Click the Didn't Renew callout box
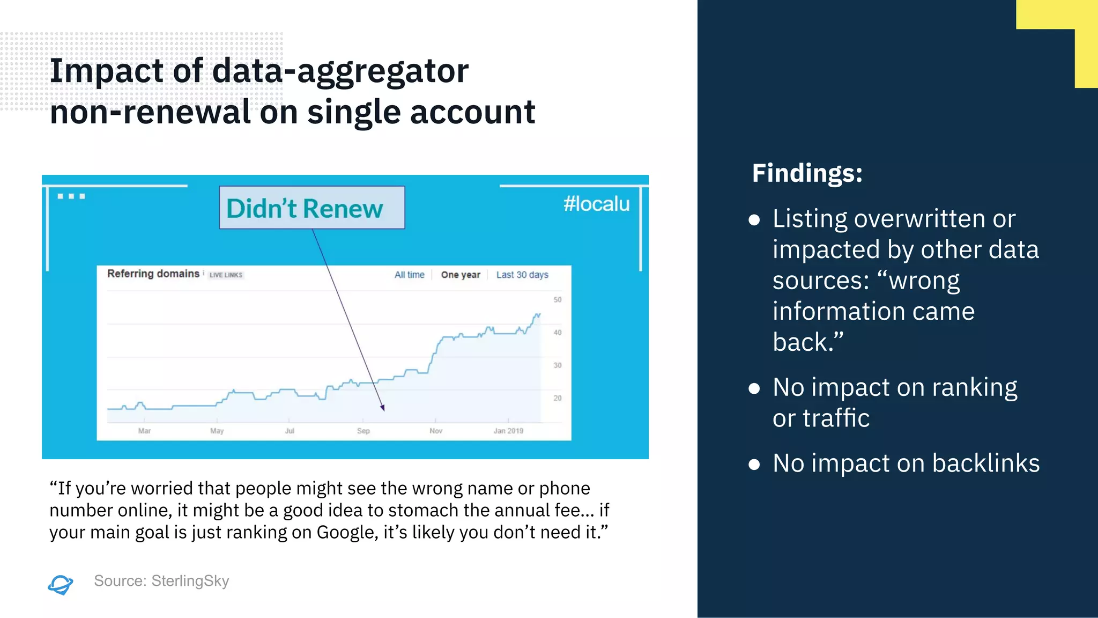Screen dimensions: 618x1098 pyautogui.click(x=311, y=208)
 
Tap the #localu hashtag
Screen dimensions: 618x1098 pyautogui.click(x=596, y=204)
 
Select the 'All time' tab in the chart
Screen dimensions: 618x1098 pyautogui.click(x=409, y=275)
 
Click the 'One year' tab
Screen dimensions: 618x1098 pyautogui.click(x=461, y=275)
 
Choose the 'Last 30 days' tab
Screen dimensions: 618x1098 pyautogui.click(x=522, y=275)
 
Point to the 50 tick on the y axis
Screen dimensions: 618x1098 pyautogui.click(x=558, y=300)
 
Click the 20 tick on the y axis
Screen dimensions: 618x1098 pyautogui.click(x=558, y=398)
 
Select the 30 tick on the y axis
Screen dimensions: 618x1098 pyautogui.click(x=558, y=365)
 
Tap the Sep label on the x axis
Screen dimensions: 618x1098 pyautogui.click(x=363, y=431)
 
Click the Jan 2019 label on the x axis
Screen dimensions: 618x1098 pyautogui.click(x=508, y=431)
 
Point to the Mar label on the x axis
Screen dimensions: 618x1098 pyautogui.click(x=144, y=431)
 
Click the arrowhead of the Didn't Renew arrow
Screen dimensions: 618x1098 pyautogui.click(x=383, y=408)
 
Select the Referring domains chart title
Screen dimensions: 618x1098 pyautogui.click(x=153, y=274)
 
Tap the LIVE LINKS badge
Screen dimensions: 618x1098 pyautogui.click(x=226, y=275)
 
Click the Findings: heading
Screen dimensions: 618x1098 pyautogui.click(x=807, y=173)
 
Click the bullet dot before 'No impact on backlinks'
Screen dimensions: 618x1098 pyautogui.click(x=754, y=464)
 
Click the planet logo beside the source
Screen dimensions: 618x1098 pyautogui.click(x=61, y=584)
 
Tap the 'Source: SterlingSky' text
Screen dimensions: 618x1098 pyautogui.click(x=161, y=581)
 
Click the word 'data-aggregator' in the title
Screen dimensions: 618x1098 pyautogui.click(x=340, y=71)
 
